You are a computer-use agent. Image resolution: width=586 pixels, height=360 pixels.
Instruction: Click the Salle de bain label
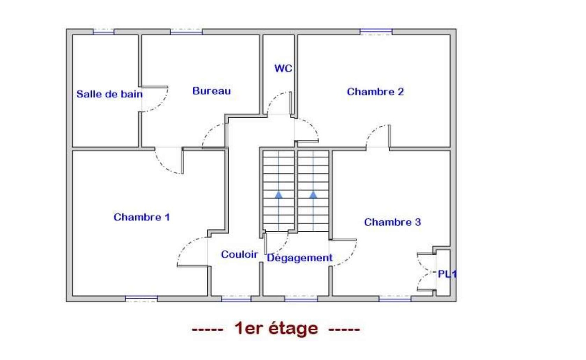coord(109,94)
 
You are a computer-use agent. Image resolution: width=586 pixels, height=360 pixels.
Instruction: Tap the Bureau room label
coord(211,91)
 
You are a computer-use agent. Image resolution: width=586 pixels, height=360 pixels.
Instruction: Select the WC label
coord(283,68)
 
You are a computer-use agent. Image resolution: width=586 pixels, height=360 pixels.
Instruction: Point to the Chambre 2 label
coord(375,92)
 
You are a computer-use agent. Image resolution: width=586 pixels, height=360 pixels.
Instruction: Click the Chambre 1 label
coord(141,217)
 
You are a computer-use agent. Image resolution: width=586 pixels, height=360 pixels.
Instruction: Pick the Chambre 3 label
coord(392,222)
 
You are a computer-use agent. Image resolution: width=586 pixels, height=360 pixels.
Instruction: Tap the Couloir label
coord(239,255)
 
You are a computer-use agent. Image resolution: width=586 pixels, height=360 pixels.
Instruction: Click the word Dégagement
coord(299,258)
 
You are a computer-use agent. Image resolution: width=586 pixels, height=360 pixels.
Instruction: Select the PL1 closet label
coord(447,274)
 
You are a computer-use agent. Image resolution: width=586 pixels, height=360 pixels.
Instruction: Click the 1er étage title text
coord(276,328)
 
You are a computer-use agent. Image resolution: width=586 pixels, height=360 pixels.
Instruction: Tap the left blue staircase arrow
coord(279,195)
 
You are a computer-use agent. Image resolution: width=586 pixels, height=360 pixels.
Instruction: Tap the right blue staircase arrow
coord(313,195)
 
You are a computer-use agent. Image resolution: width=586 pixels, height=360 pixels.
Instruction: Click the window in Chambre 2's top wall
coord(376,32)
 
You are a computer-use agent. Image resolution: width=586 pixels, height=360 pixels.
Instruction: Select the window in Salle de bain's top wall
coord(104,32)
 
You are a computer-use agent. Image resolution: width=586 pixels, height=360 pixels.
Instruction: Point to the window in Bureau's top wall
coord(186,32)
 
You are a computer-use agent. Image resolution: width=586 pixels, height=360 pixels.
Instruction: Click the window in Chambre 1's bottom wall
coord(141,298)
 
